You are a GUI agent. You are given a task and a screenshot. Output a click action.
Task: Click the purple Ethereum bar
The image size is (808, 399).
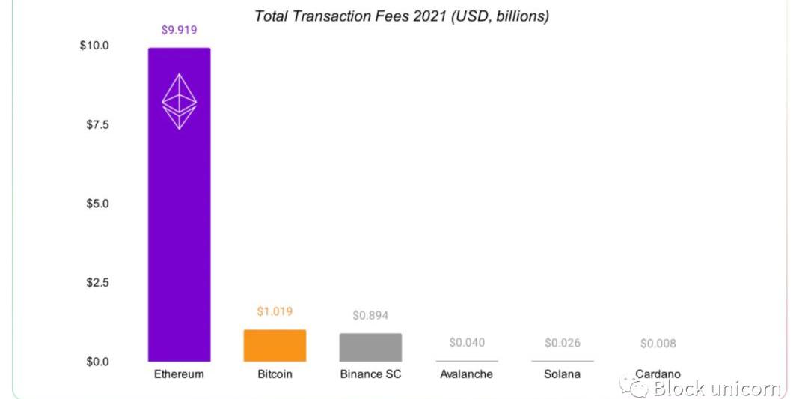(x=179, y=225)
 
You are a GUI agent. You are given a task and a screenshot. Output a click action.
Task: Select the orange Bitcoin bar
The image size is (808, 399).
(x=275, y=346)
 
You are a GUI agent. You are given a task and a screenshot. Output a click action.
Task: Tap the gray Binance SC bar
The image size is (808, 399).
(x=370, y=348)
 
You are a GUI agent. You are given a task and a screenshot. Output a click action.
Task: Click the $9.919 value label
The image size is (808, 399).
(x=179, y=31)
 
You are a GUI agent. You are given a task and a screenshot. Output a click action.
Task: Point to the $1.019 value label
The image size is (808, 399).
(x=275, y=311)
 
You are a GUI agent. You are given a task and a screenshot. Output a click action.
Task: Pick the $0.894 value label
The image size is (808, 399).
(x=370, y=315)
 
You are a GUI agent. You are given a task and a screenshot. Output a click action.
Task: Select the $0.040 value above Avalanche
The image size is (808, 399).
(x=467, y=342)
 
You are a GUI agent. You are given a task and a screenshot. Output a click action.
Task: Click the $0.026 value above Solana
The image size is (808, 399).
(x=563, y=343)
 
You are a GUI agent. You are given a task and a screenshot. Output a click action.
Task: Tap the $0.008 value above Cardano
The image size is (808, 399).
(x=658, y=344)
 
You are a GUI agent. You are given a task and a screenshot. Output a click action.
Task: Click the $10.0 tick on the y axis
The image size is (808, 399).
(x=94, y=46)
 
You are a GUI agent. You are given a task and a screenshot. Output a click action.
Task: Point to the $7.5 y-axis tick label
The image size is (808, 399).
(x=97, y=124)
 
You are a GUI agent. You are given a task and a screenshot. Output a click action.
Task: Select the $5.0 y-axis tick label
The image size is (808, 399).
(x=97, y=204)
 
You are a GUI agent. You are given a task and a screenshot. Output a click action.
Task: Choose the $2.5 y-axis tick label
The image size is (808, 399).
(x=97, y=283)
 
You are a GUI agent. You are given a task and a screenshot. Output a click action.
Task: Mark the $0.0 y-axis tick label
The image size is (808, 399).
(x=97, y=362)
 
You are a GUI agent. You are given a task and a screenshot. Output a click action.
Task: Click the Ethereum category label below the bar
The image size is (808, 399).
(x=179, y=374)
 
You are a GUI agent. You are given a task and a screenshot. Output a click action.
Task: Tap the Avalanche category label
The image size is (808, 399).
(x=467, y=374)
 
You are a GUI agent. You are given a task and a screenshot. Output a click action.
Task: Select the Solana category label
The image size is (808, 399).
(x=563, y=374)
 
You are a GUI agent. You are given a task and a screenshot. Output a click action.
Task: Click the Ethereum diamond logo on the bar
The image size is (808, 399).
(x=180, y=101)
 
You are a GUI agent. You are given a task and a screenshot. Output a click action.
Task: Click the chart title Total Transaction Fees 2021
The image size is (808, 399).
(x=402, y=16)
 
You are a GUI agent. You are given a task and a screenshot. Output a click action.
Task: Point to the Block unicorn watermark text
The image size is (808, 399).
(x=717, y=388)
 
